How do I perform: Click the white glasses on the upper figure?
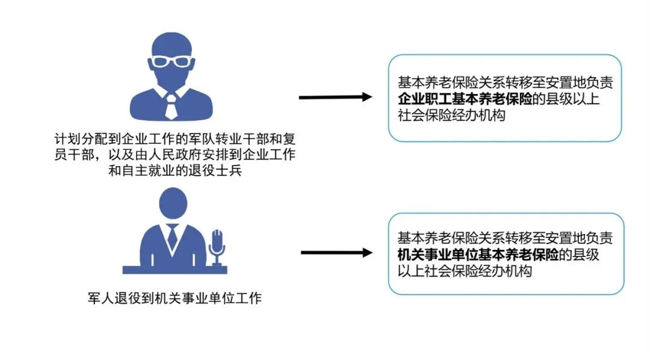click(171, 61)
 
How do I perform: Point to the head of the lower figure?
click(173, 203)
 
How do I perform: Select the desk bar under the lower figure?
click(175, 270)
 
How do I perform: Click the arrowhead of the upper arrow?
click(367, 97)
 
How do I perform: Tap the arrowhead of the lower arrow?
click(367, 253)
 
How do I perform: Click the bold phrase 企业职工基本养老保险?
click(465, 99)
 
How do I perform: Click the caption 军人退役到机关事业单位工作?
click(175, 298)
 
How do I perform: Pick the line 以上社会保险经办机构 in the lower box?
click(465, 271)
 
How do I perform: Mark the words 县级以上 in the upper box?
click(573, 99)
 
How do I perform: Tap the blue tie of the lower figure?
click(173, 238)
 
